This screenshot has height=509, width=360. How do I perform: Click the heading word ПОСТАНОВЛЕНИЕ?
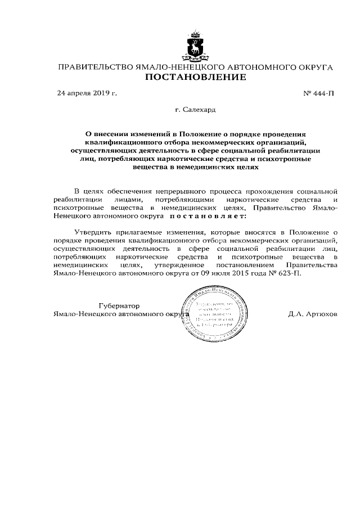click(x=195, y=77)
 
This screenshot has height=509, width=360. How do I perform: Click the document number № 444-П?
click(x=318, y=93)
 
